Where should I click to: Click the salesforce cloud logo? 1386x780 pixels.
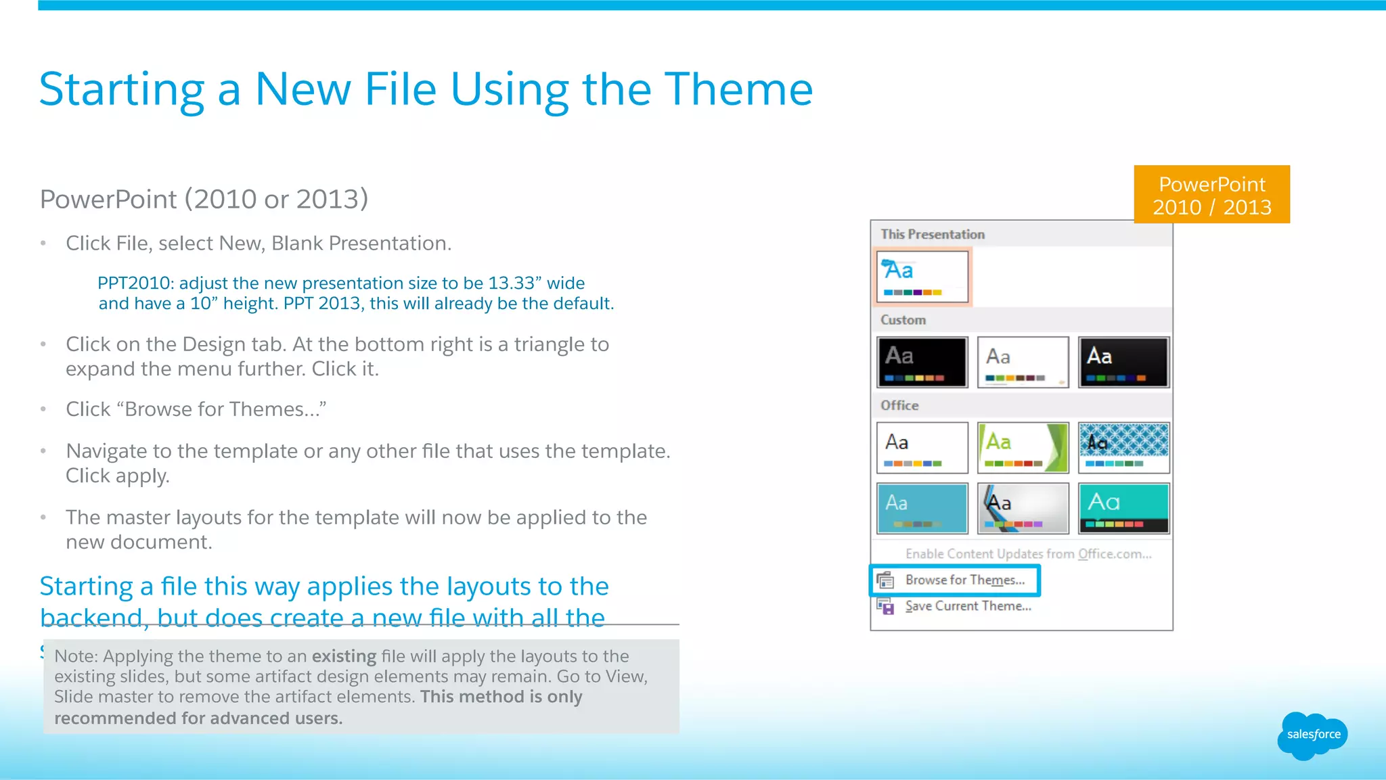(1312, 735)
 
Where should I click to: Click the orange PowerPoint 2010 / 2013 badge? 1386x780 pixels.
(1211, 195)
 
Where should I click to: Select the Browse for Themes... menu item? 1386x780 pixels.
(964, 580)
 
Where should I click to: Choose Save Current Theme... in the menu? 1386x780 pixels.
(968, 606)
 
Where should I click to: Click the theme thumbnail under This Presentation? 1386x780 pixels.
(922, 277)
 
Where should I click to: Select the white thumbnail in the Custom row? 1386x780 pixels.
(1023, 362)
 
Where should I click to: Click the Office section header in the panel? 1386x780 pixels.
(899, 405)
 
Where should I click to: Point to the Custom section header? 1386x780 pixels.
(903, 320)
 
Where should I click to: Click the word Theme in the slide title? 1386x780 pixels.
(738, 89)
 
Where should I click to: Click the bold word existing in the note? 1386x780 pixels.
(344, 656)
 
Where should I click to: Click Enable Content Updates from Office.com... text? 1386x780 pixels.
(1028, 554)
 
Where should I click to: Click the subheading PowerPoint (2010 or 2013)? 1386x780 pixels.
(204, 199)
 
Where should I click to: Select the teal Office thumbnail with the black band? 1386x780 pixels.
(1123, 508)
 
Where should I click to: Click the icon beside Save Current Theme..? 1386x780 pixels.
(885, 606)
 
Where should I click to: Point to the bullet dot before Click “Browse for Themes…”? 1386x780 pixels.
(43, 409)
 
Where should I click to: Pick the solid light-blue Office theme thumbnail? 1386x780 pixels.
(922, 508)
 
